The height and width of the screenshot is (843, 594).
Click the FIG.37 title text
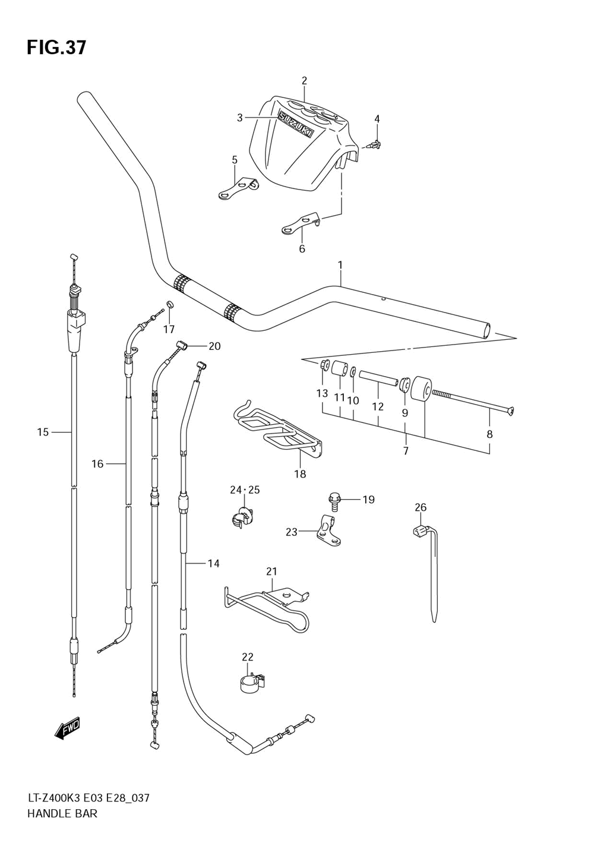tap(56, 48)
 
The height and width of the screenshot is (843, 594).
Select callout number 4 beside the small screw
tap(377, 119)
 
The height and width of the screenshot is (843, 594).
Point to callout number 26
tap(421, 508)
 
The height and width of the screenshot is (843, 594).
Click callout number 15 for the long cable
tap(43, 432)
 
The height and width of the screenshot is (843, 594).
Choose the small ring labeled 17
tap(170, 304)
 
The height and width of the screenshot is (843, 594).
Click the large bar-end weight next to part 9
tap(421, 389)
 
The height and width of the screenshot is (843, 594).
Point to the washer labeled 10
tap(353, 372)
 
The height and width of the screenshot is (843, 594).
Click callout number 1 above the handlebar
tap(340, 266)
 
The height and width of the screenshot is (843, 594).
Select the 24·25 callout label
tap(245, 490)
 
